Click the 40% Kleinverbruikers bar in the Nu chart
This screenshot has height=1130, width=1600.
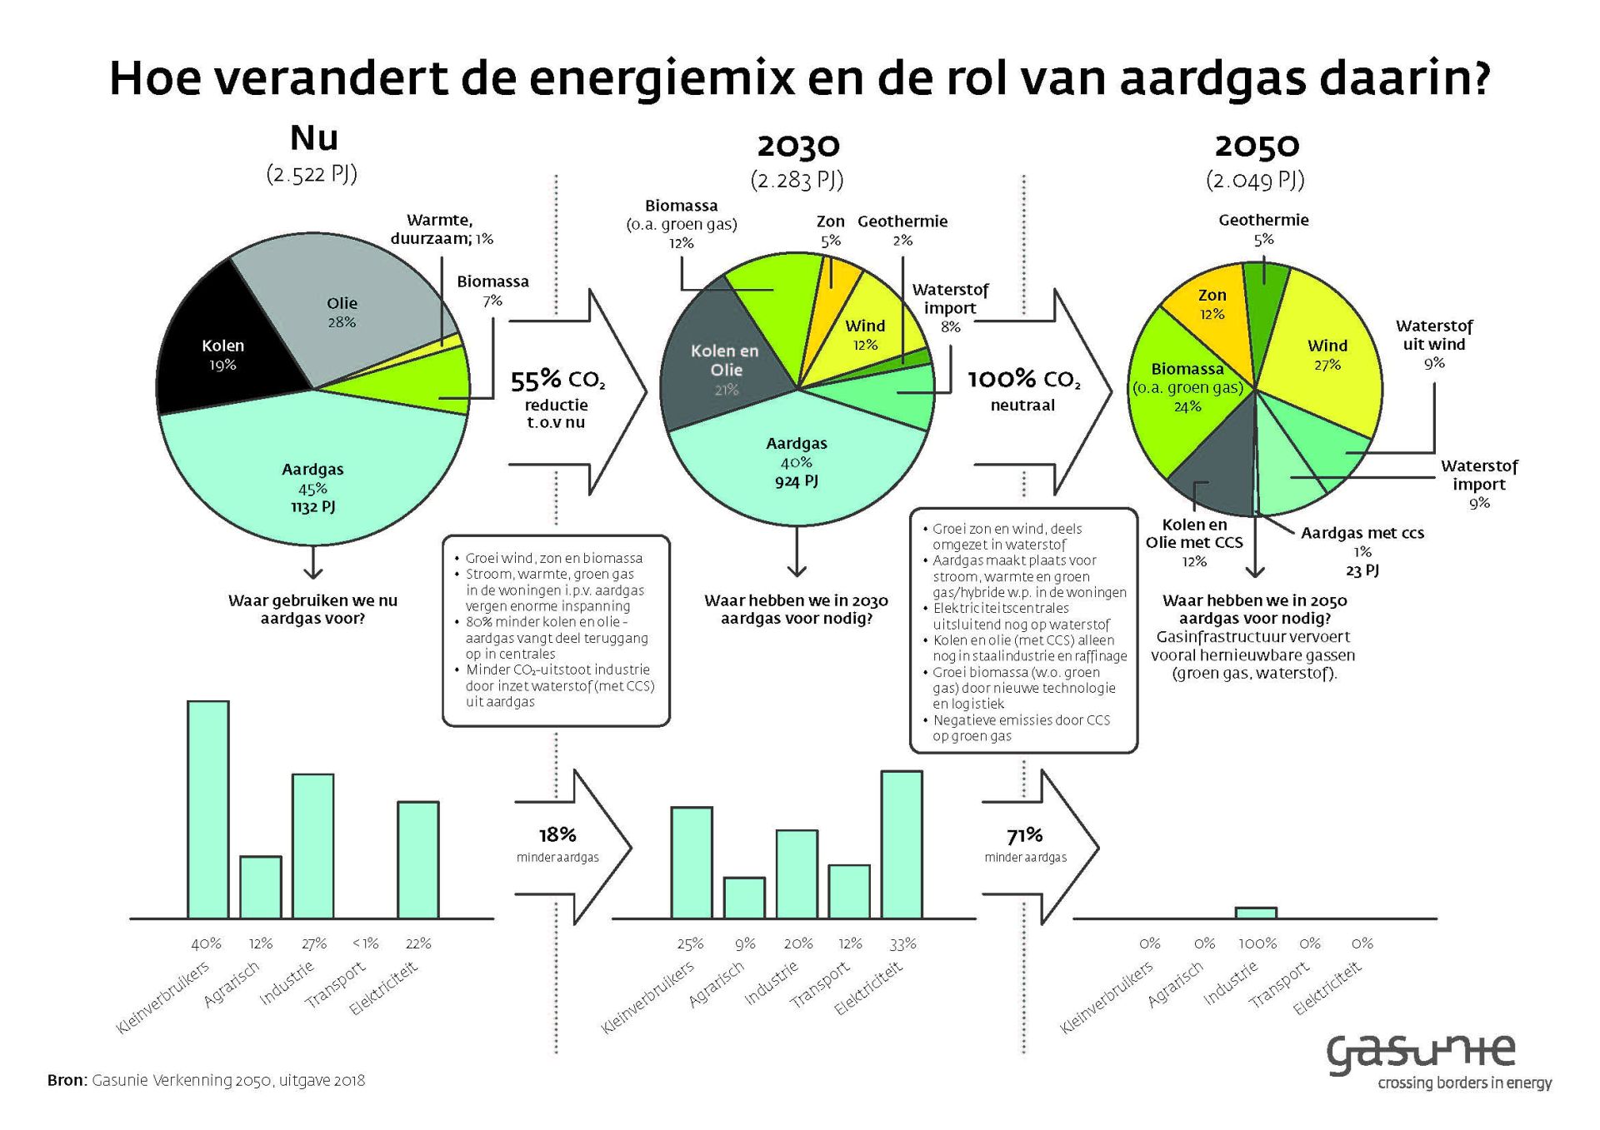(208, 809)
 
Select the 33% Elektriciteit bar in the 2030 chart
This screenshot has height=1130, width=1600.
(902, 844)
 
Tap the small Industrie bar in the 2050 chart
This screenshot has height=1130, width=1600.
(1256, 913)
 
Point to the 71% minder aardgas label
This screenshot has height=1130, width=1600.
(1026, 844)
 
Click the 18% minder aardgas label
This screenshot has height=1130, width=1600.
(557, 844)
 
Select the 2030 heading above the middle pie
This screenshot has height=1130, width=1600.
(798, 146)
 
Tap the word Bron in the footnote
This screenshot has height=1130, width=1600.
(67, 1080)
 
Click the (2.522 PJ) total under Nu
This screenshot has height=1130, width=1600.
(312, 174)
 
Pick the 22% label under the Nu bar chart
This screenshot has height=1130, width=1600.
(418, 943)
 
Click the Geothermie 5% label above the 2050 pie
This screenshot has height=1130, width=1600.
(1263, 229)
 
